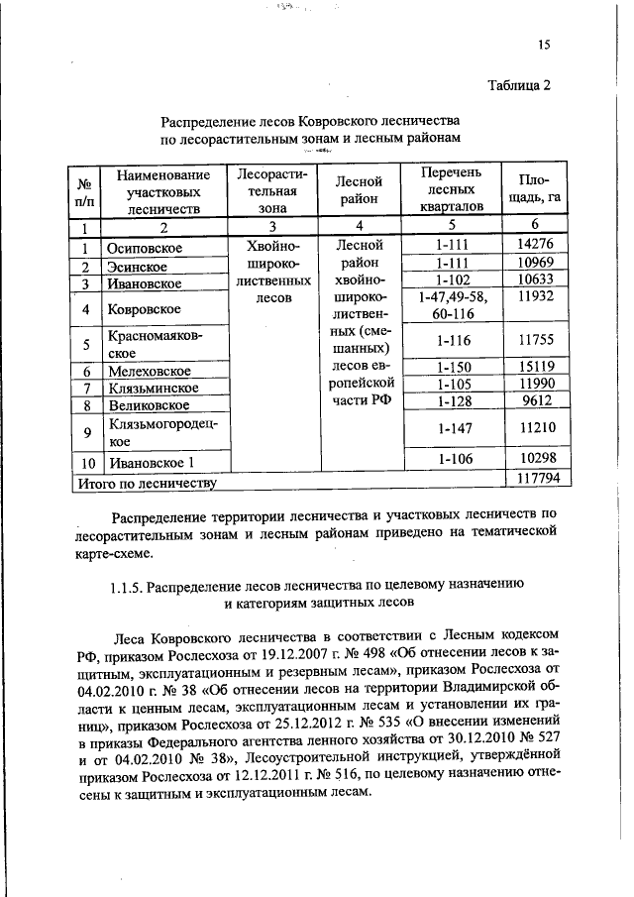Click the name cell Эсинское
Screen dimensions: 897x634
(x=138, y=267)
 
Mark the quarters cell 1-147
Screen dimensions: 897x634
(x=457, y=428)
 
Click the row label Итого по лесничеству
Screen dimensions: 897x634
(x=147, y=483)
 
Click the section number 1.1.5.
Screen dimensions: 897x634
(x=128, y=585)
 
